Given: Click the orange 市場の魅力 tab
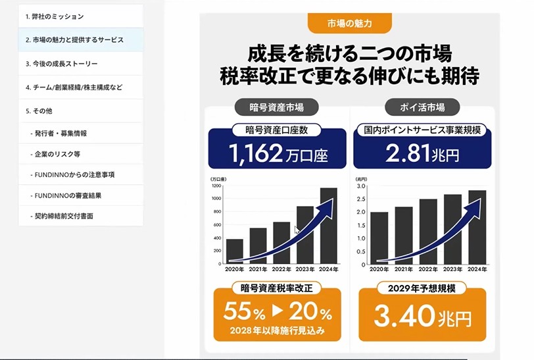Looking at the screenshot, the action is pos(350,23).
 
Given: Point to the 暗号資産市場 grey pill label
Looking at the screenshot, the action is pos(276,107).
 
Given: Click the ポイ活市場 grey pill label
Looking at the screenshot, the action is pos(422,107).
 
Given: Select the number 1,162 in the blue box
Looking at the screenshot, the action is pos(255,153).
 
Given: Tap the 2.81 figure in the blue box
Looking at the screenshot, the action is pos(408,153).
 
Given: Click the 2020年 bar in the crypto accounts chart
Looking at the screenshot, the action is pos(235,251).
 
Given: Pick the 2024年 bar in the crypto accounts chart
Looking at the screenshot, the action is pos(329,226).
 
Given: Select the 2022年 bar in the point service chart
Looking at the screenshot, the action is pos(428,232).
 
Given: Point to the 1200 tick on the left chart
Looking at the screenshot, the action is pos(216,186).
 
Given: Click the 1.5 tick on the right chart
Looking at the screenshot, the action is pos(361,225).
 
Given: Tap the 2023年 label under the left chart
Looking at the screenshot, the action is pos(304,269).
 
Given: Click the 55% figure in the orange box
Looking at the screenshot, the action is pos(244,311).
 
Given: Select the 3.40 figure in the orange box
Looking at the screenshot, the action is pos(404,316).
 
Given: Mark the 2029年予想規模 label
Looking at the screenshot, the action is pos(422,289).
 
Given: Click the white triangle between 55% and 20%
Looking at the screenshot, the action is pos(278,310).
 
